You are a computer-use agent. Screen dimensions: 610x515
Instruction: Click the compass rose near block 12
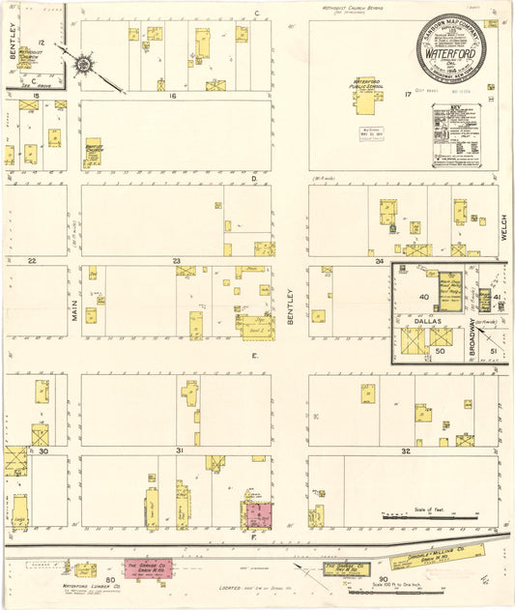click(84, 65)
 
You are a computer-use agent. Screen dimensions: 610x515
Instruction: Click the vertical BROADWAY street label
click(472, 338)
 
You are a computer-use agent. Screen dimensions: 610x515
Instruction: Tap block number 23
click(176, 262)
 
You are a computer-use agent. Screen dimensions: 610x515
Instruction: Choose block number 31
click(179, 451)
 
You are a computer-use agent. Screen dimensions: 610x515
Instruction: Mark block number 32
click(405, 451)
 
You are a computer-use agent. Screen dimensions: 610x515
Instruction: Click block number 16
click(173, 97)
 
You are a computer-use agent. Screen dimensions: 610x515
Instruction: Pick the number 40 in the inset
click(423, 297)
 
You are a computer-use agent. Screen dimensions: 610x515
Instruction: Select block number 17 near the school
click(407, 95)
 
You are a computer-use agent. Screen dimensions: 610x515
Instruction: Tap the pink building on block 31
click(258, 513)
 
